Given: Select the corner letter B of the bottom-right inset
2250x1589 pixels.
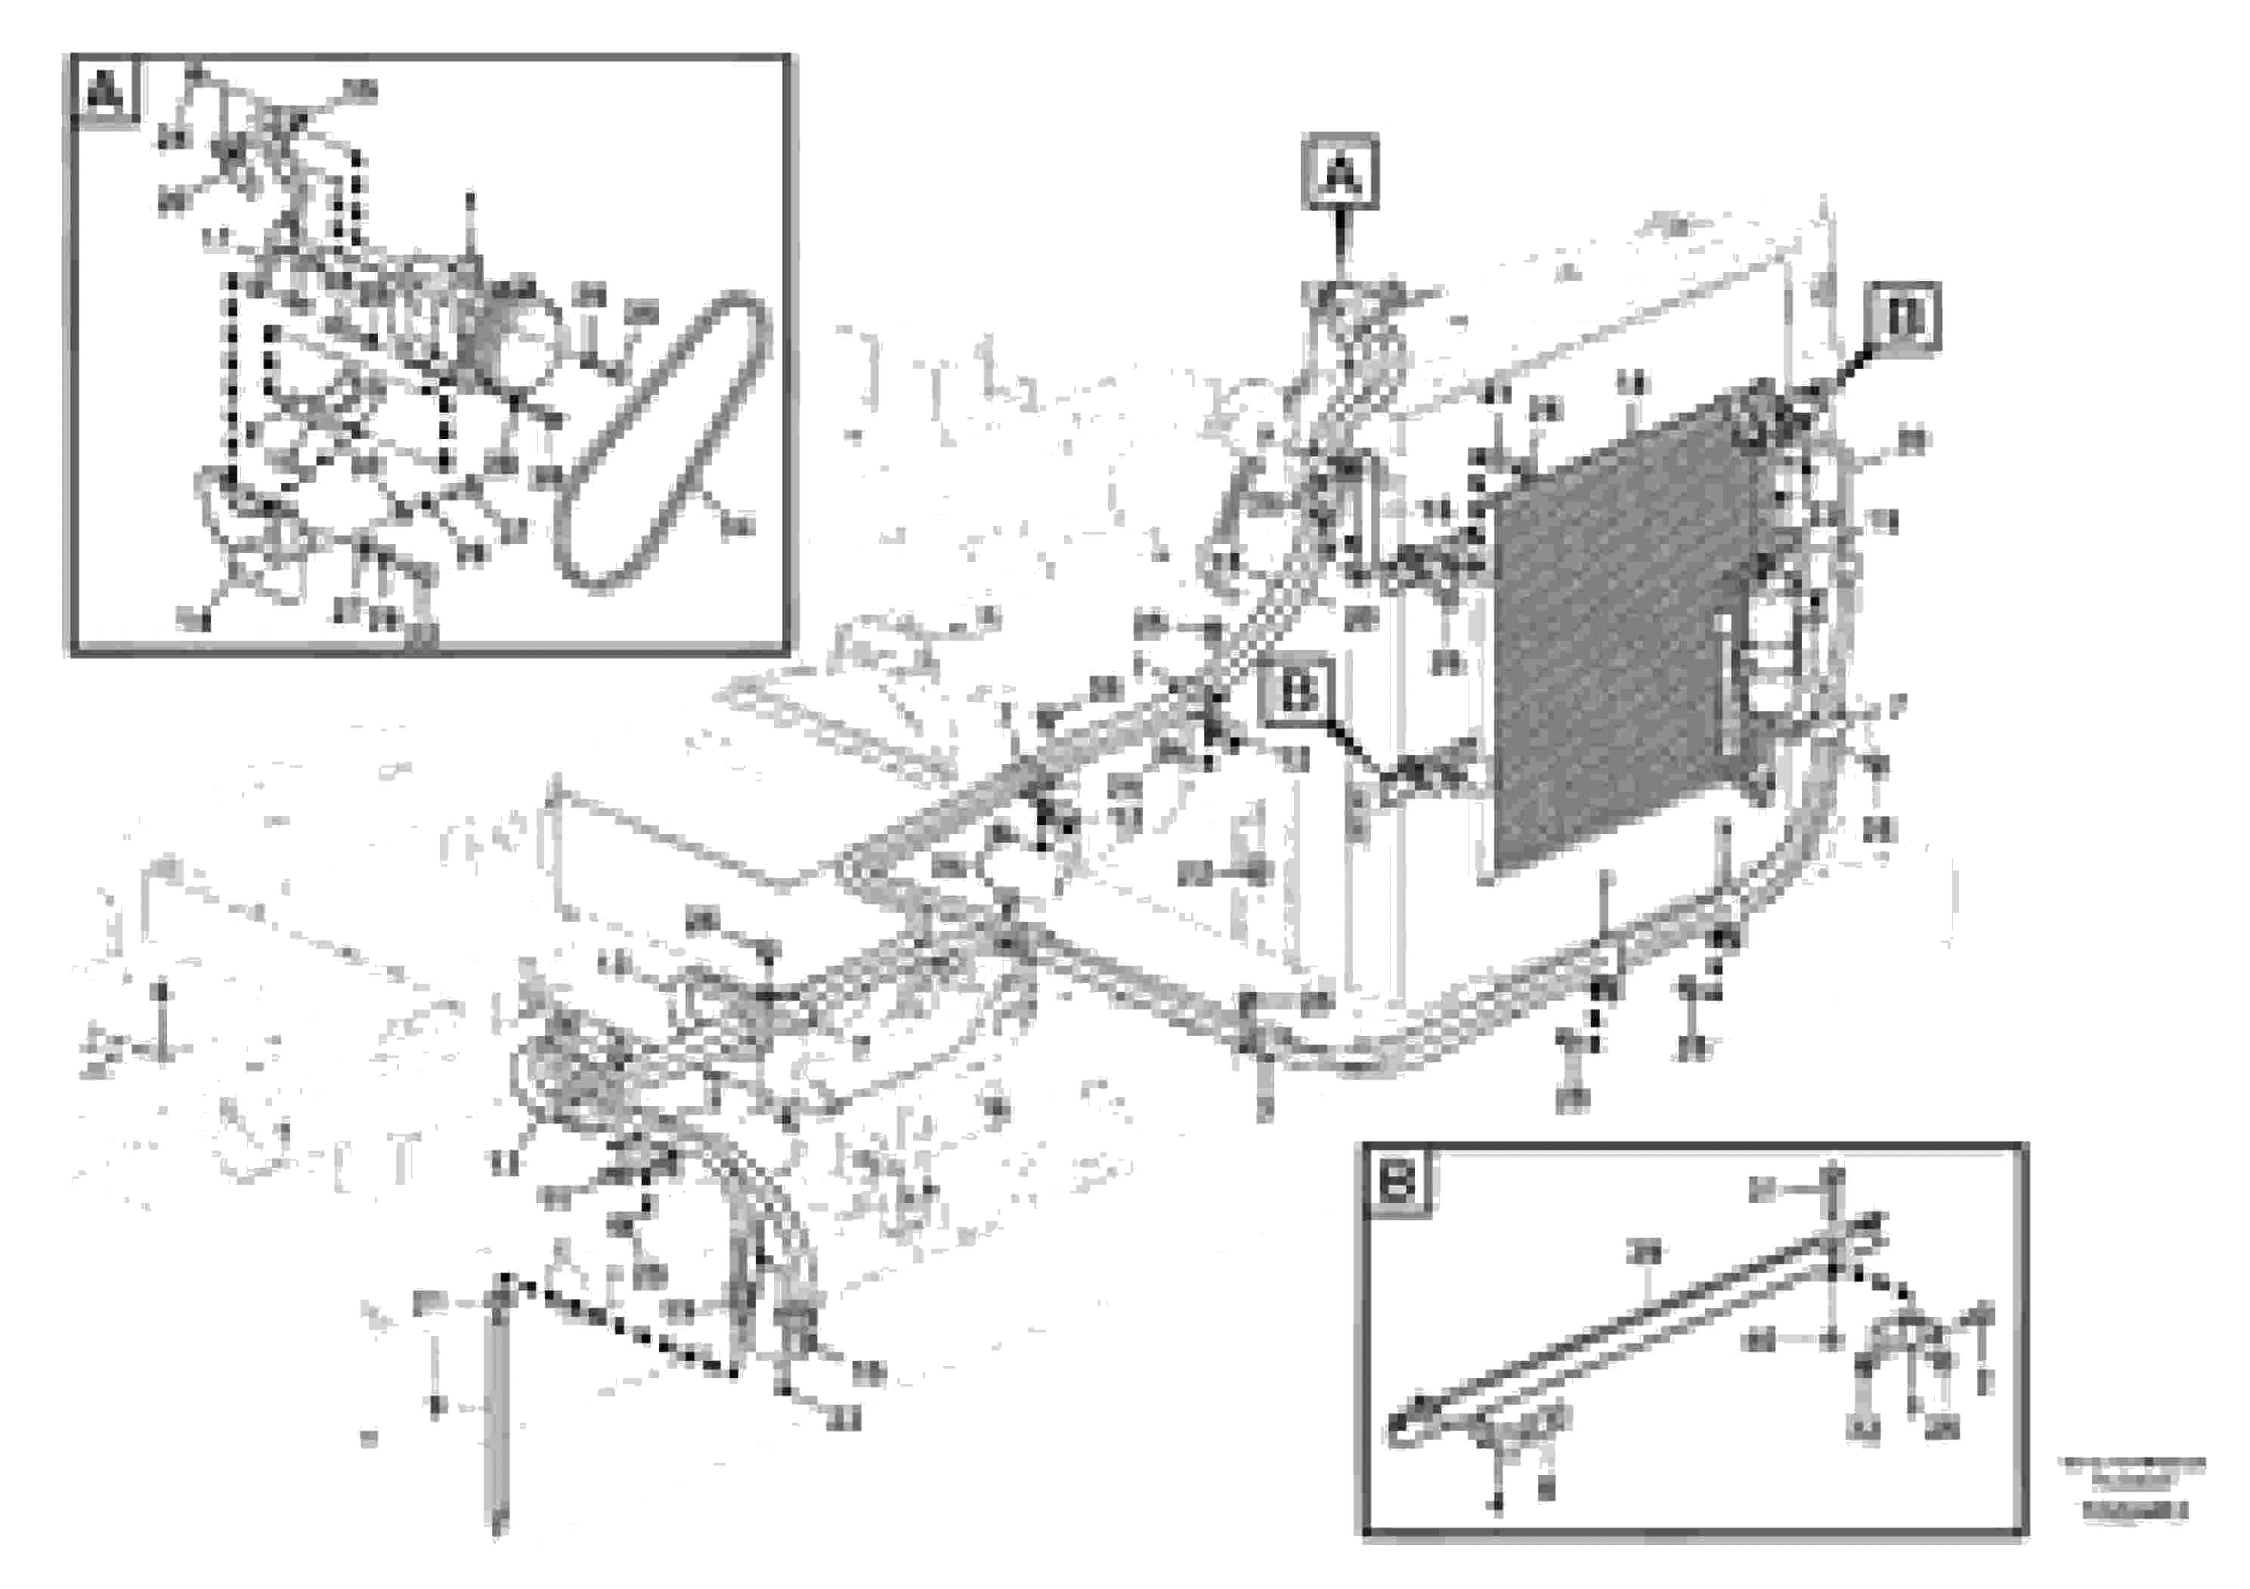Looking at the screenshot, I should pos(1397,1182).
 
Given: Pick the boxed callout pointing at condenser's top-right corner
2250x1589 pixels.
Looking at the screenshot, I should pos(1903,317).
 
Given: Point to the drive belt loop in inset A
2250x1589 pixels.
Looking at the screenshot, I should pos(667,441).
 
